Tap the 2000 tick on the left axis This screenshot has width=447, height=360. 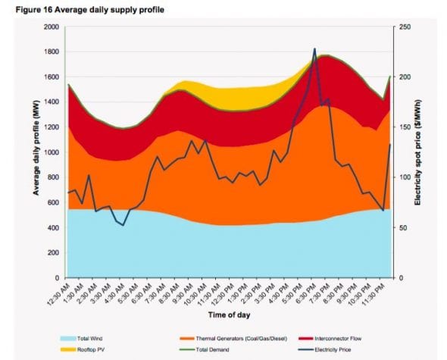(51, 27)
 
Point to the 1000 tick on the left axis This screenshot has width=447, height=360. (51, 152)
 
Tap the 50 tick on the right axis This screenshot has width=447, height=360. (404, 227)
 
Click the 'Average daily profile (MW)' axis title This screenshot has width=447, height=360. (35, 152)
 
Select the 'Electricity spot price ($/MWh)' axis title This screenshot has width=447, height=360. (418, 152)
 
